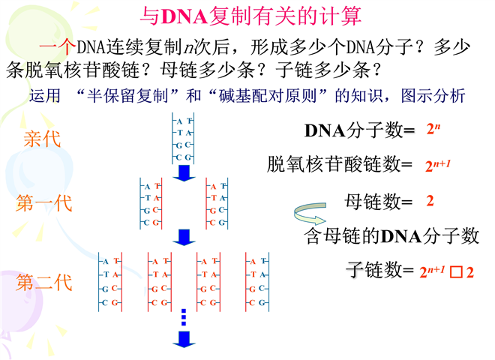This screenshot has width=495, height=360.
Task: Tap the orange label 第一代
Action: pyautogui.click(x=43, y=204)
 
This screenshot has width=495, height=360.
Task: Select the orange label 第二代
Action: pyautogui.click(x=43, y=282)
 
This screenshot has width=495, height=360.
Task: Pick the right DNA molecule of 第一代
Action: pyautogui.click(x=217, y=204)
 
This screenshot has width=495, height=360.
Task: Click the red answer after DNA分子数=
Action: pyautogui.click(x=433, y=129)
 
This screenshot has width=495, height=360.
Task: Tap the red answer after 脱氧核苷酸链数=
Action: pyautogui.click(x=439, y=164)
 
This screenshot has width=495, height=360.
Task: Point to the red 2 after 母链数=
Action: pyautogui.click(x=430, y=201)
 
